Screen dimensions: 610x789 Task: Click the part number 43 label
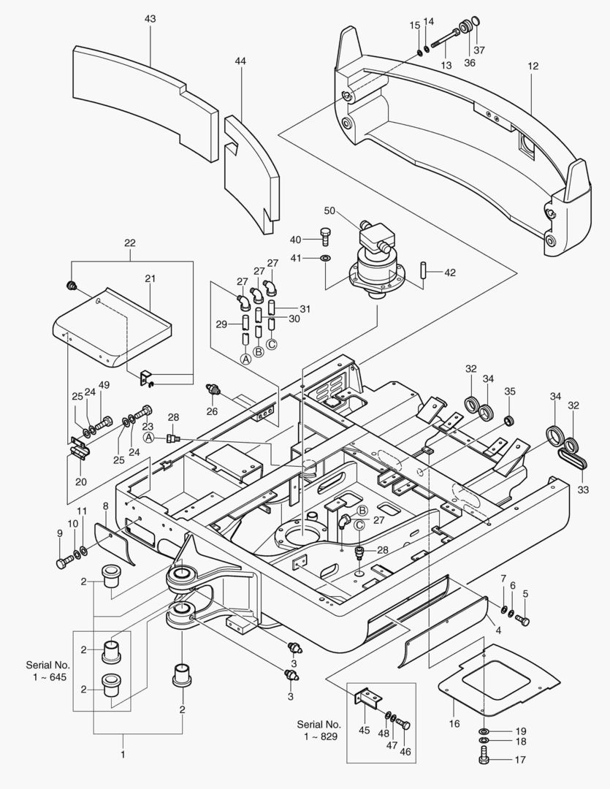(x=150, y=18)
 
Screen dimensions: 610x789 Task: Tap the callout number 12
(x=533, y=66)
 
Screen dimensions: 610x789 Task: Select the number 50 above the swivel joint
(x=329, y=210)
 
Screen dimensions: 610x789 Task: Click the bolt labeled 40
(x=324, y=236)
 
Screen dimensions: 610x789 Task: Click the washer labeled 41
(x=325, y=259)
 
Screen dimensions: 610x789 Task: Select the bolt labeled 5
(x=523, y=620)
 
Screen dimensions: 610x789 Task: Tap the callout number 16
(x=454, y=723)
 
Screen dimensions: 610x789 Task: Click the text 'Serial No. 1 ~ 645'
(x=48, y=671)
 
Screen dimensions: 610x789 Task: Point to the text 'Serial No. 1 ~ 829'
(x=319, y=731)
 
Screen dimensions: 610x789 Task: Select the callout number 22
(x=130, y=243)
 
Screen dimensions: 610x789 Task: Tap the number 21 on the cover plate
(x=150, y=278)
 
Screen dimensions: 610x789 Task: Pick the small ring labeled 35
(x=509, y=420)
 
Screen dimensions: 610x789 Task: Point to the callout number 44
(x=240, y=61)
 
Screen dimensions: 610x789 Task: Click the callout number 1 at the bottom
(x=122, y=754)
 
